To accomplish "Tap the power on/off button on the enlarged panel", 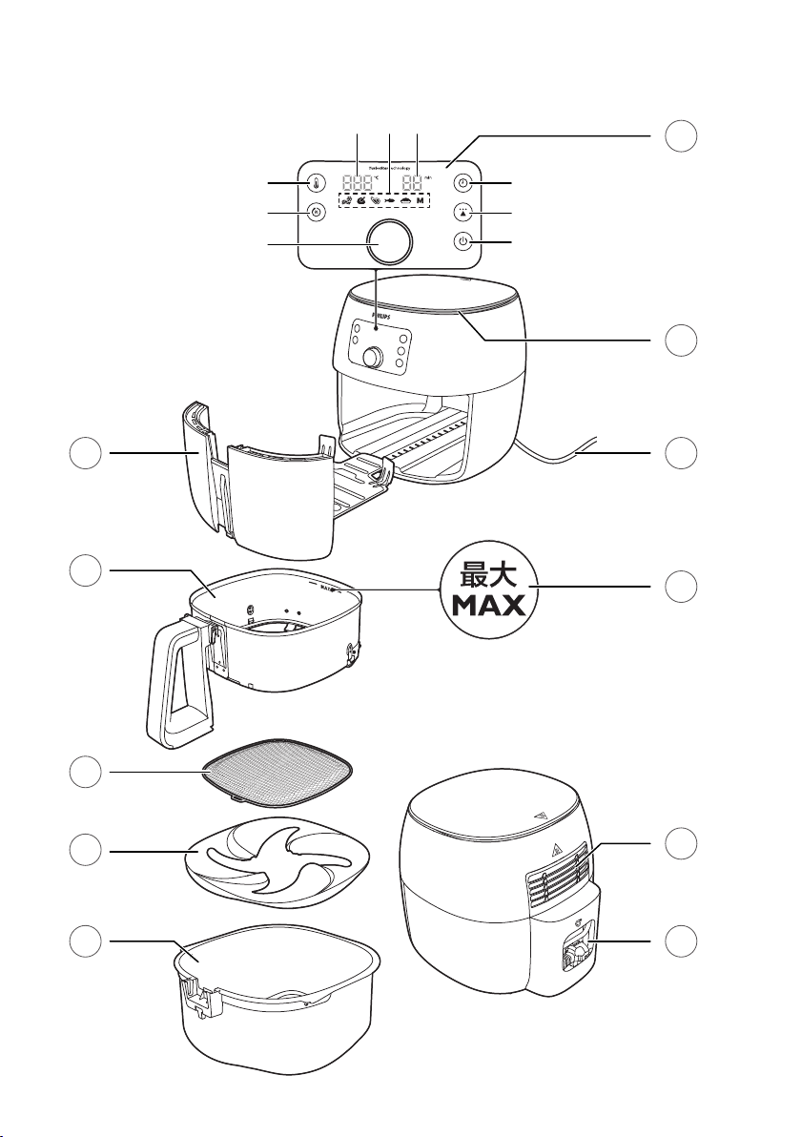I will (462, 242).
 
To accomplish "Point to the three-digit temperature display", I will (359, 183).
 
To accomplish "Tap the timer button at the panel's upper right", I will (462, 183).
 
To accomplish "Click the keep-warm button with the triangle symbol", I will (462, 213).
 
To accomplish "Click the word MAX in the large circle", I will (488, 606).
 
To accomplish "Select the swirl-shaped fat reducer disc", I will (278, 854).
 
